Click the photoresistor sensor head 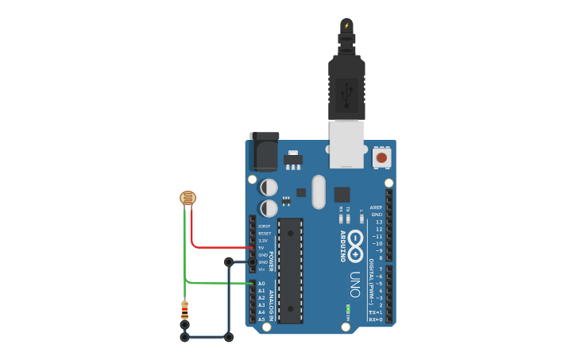click(x=187, y=198)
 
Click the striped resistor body click(x=184, y=309)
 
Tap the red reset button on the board click(x=381, y=157)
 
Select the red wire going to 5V click(x=215, y=247)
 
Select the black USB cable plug click(x=347, y=87)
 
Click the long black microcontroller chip click(x=290, y=270)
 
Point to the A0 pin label click(x=261, y=284)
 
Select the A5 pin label click(x=261, y=319)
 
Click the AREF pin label click(x=376, y=207)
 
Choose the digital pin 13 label click(x=378, y=222)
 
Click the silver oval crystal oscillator click(x=319, y=192)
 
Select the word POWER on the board click(x=271, y=261)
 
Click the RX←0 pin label click(x=376, y=319)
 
